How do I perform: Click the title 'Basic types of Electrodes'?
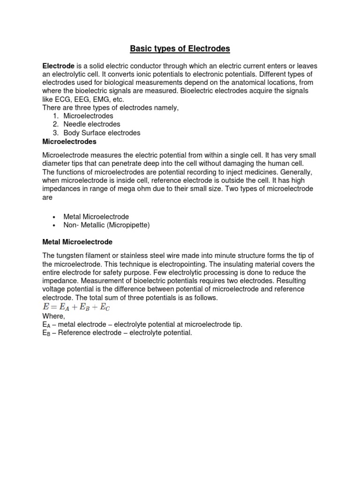tap(180, 49)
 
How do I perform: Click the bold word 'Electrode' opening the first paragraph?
tap(59, 67)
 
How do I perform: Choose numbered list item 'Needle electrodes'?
tap(92, 124)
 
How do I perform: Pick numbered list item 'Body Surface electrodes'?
tap(102, 133)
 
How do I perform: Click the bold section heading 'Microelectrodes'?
tap(69, 141)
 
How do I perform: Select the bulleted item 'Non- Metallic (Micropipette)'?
tap(106, 225)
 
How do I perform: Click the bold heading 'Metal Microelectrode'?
tap(77, 242)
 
